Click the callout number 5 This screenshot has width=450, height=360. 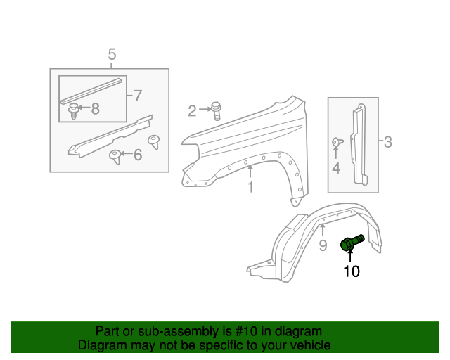[x=111, y=54]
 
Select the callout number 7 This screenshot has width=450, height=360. [x=137, y=95]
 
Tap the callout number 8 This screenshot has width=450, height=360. [x=95, y=108]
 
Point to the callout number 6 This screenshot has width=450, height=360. [x=137, y=154]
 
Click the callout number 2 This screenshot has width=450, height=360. [x=192, y=110]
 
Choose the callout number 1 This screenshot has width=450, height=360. [x=250, y=187]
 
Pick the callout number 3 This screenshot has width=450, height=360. [x=387, y=143]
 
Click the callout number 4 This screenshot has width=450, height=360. [x=336, y=168]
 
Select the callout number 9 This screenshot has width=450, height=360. [x=323, y=245]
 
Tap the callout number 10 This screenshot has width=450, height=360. [x=351, y=271]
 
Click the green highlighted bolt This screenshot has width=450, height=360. [x=351, y=243]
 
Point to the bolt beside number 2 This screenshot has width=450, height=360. [x=216, y=110]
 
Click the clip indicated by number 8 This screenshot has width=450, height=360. [x=73, y=110]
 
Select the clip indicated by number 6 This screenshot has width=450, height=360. [x=114, y=155]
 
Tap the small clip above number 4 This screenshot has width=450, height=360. [x=336, y=143]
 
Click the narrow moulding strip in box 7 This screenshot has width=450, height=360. [x=89, y=88]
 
